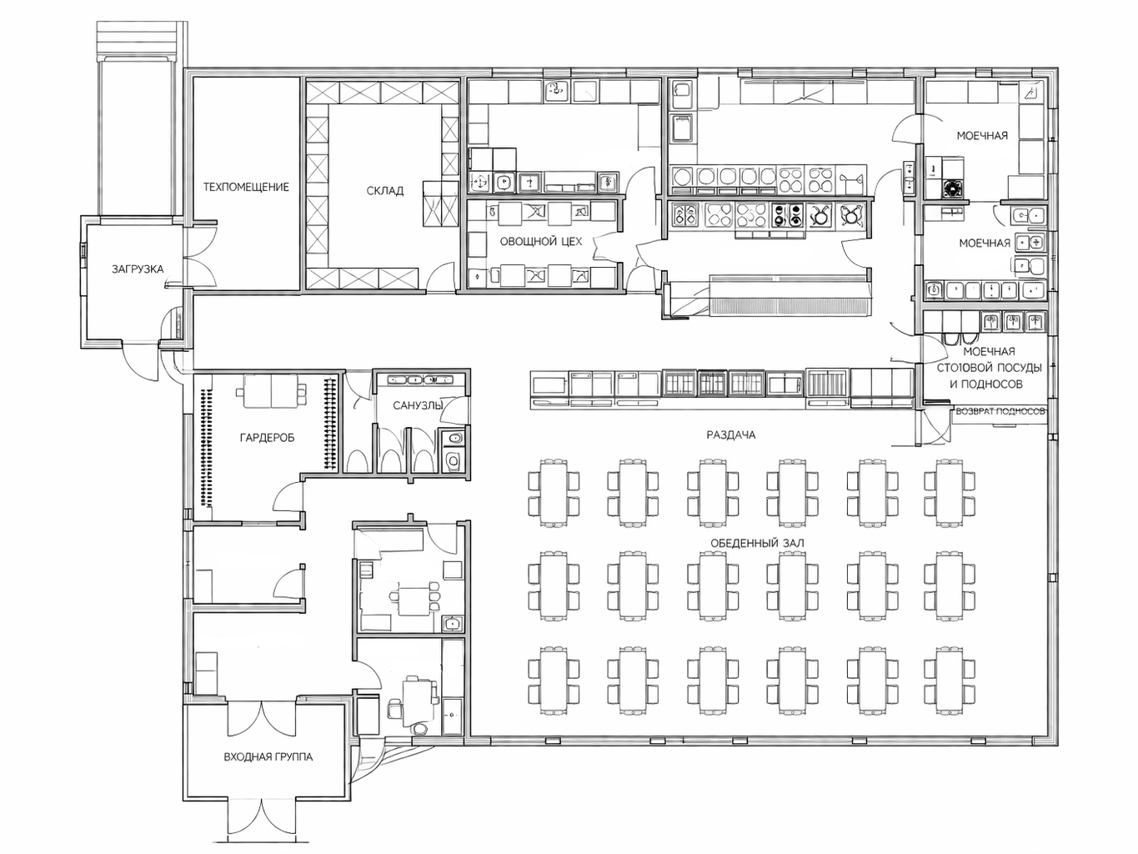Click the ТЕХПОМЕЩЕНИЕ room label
pos(246,187)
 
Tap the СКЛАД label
pos(384,191)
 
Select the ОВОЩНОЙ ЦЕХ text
pos(541,241)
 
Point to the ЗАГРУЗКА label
pos(138,269)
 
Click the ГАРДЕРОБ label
pos(267,438)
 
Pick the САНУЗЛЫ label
pos(418,405)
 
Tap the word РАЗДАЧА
pos(730,435)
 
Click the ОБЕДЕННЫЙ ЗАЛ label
pos(757,543)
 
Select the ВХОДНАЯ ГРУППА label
pos(268,757)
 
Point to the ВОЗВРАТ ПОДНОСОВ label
pos(1000,411)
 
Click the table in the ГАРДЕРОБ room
pos(271,392)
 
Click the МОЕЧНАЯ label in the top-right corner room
pos(982,136)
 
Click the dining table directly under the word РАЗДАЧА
pos(713,493)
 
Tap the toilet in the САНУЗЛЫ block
pos(454,460)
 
